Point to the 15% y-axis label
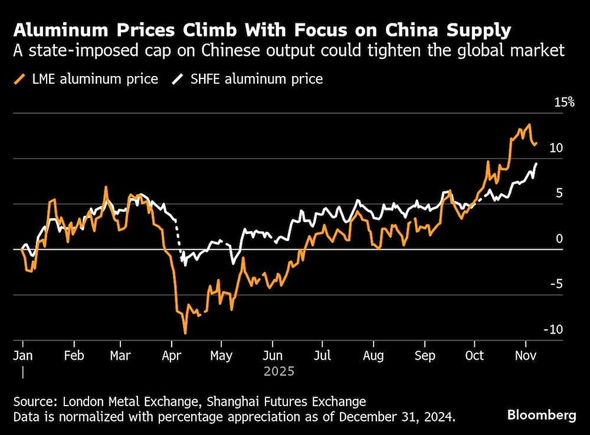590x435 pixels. [x=563, y=103]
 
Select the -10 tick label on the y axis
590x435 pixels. [x=555, y=330]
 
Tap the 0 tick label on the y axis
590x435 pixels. [x=559, y=239]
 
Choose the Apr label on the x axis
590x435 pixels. [x=171, y=356]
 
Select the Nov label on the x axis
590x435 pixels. [x=525, y=356]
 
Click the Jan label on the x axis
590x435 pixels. [x=23, y=356]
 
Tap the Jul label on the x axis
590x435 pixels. [x=323, y=356]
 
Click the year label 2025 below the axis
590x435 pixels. [x=278, y=372]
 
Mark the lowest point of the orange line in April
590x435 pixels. [x=185, y=334]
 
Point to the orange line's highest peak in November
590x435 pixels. [x=529, y=124]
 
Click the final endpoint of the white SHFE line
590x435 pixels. [x=536, y=163]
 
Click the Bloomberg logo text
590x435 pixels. [x=542, y=415]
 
